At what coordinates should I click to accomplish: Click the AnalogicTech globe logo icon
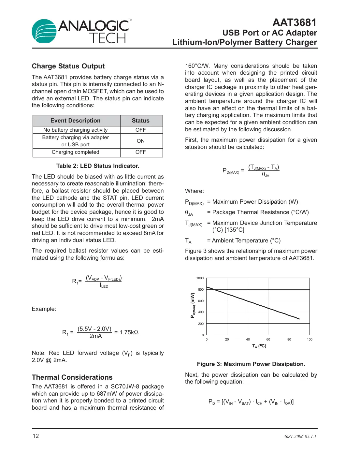pyautogui.click(x=44, y=31)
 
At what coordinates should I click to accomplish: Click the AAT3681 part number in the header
pyautogui.click(x=294, y=22)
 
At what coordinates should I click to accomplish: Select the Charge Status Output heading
pyautogui.click(x=68, y=66)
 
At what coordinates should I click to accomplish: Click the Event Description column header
pyautogui.click(x=76, y=121)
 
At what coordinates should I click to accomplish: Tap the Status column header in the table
pyautogui.click(x=140, y=121)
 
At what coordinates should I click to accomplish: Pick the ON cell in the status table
pyautogui.click(x=140, y=141)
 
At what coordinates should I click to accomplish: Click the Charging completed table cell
pyautogui.click(x=76, y=152)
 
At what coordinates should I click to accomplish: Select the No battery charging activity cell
pyautogui.click(x=76, y=130)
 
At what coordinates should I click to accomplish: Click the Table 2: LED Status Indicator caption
pyautogui.click(x=97, y=166)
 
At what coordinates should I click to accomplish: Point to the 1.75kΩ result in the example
pyautogui.click(x=129, y=332)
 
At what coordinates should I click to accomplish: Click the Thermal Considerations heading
pyautogui.click(x=72, y=377)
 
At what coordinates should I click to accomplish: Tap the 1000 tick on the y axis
pyautogui.click(x=200, y=278)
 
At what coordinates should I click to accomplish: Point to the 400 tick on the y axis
pyautogui.click(x=201, y=312)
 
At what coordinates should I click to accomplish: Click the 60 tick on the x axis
pyautogui.click(x=268, y=340)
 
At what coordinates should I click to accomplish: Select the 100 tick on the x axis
pyautogui.click(x=310, y=340)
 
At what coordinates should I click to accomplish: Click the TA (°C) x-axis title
pyautogui.click(x=259, y=346)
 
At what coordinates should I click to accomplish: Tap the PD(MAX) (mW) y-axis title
pyautogui.click(x=193, y=305)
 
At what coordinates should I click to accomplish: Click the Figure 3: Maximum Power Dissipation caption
pyautogui.click(x=251, y=364)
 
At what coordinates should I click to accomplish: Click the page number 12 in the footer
pyautogui.click(x=36, y=436)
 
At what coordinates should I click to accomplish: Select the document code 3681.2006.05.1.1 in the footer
pyautogui.click(x=300, y=436)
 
